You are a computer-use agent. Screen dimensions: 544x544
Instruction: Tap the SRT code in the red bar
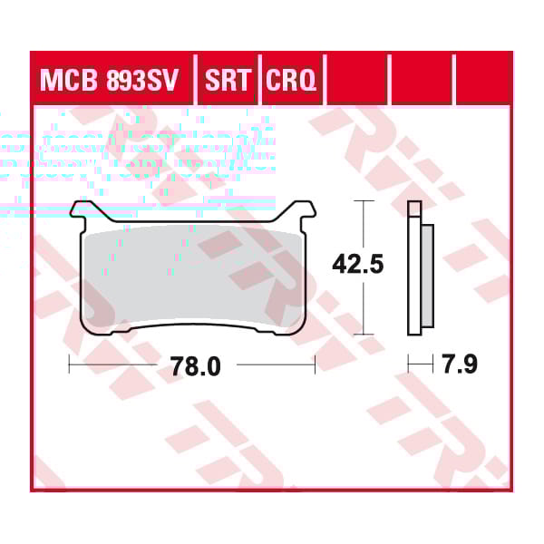point(227,83)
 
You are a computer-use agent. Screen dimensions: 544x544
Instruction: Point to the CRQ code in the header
point(291,83)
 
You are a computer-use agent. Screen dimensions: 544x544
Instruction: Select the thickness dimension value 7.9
point(459,365)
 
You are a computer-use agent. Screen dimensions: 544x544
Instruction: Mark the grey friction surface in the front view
point(192,277)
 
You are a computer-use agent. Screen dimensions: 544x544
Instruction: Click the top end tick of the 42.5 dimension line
point(364,201)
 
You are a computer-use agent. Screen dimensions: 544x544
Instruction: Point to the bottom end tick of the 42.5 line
point(364,334)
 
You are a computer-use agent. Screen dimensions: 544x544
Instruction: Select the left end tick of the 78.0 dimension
point(71,365)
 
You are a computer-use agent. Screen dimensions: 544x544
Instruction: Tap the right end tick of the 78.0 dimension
point(315,365)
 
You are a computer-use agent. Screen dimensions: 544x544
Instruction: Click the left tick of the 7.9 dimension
point(409,365)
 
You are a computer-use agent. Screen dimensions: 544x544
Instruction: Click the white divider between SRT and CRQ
point(260,82)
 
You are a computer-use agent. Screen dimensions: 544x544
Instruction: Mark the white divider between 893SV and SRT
point(195,82)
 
